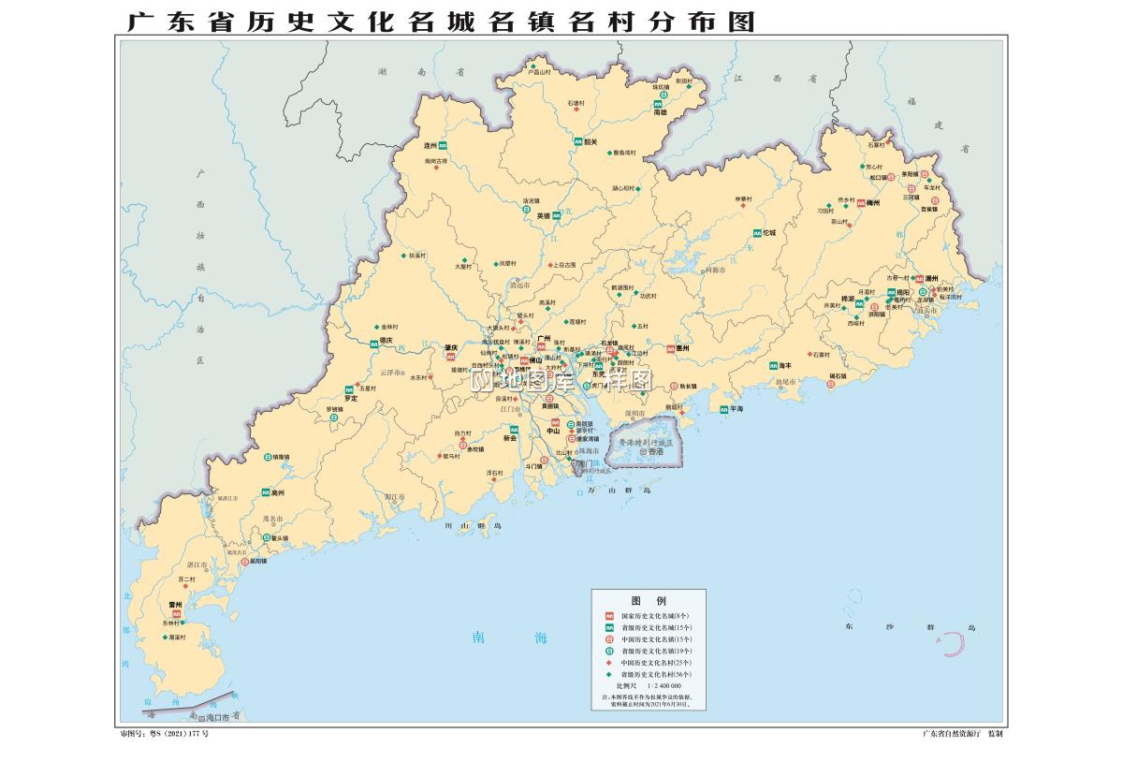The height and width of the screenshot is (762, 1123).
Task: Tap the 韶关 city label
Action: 590,142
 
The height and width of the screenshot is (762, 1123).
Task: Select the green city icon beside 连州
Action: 443,146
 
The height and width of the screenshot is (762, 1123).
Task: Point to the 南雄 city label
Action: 661,112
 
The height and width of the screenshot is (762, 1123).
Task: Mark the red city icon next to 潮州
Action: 920,279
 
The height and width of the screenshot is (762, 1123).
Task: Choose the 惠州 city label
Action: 682,348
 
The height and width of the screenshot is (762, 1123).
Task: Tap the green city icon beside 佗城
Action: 756,232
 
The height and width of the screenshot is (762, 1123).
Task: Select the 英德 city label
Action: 543,216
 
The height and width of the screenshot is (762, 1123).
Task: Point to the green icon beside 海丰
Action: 773,366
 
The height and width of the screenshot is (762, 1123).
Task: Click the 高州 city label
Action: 277,492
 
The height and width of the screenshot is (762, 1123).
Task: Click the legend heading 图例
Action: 648,600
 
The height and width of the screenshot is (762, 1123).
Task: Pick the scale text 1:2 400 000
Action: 663,686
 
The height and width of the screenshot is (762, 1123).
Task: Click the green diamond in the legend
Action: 608,674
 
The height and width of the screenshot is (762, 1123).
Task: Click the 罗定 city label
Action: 351,399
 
